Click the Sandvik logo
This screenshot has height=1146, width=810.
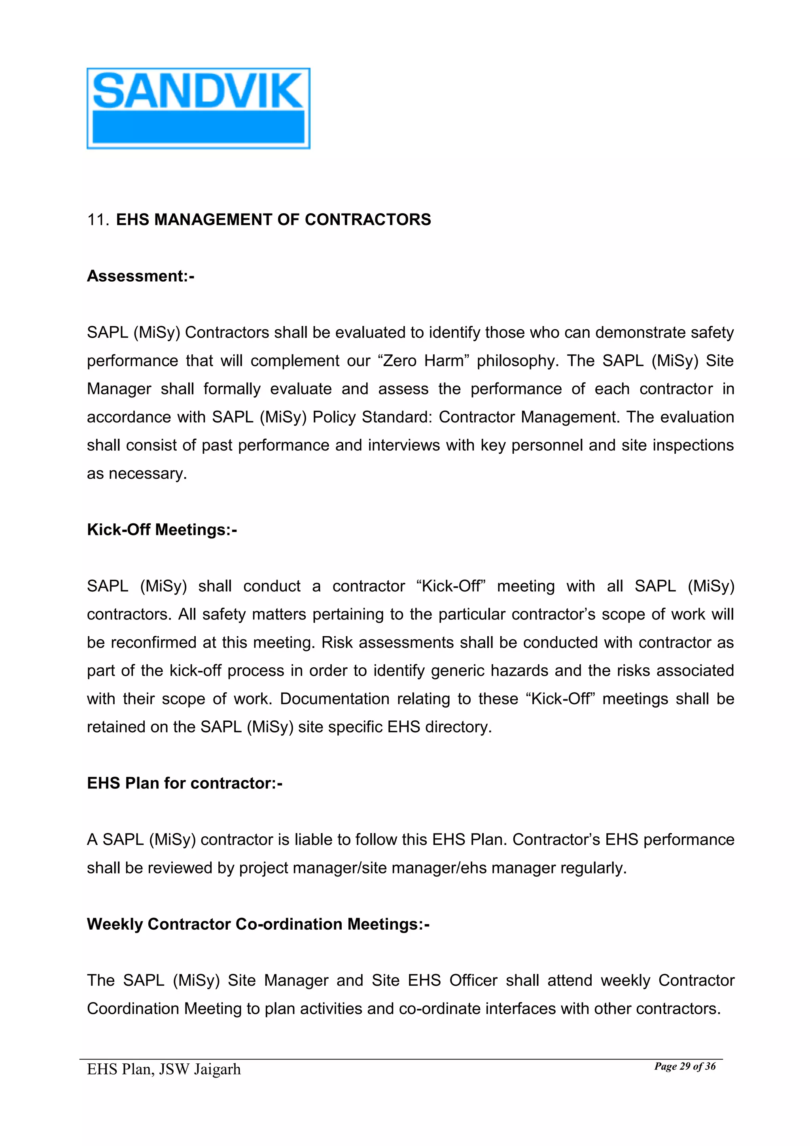pos(198,108)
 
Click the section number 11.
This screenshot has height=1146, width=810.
pos(97,220)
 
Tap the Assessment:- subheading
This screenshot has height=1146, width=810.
pos(140,276)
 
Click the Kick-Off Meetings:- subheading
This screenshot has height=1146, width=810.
pos(162,530)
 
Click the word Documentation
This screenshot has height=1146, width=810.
pos(334,699)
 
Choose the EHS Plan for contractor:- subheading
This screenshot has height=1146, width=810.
pos(185,783)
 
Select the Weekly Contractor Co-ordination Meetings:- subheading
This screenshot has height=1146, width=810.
pos(258,924)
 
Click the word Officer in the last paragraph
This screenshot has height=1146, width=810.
pos(473,981)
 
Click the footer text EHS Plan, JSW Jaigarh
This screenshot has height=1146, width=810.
pos(164,1069)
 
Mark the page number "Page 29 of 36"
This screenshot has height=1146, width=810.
pos(684,1066)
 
